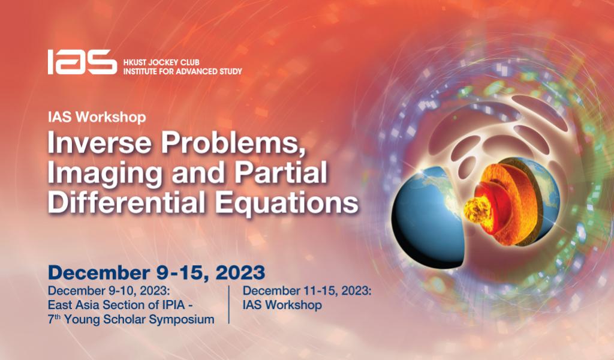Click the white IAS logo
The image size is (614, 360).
click(x=82, y=62)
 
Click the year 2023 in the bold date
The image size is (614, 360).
click(x=240, y=272)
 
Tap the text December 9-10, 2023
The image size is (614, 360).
click(x=109, y=292)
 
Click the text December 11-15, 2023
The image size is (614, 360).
click(x=307, y=292)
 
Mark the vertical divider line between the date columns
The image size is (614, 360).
click(x=229, y=305)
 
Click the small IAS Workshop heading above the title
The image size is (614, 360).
click(x=97, y=117)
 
